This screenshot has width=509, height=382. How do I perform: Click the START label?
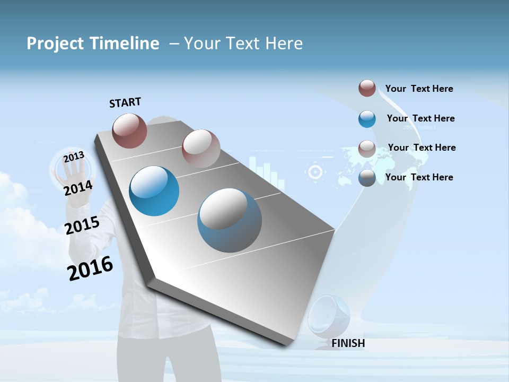(x=125, y=102)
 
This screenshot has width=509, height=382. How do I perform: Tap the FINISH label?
(x=348, y=343)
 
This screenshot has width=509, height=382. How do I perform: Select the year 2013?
(x=74, y=157)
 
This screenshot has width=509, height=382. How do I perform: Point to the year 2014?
(x=78, y=188)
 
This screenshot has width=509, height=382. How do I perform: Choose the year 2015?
(x=82, y=226)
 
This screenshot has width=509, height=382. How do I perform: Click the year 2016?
(x=90, y=268)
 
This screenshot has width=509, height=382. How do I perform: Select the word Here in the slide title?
(x=283, y=44)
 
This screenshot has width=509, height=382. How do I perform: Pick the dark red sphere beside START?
(x=129, y=131)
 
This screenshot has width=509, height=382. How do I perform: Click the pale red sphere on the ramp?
(x=201, y=149)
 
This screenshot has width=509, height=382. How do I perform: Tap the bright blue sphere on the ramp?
(x=154, y=191)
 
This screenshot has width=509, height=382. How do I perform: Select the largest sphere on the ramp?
(x=230, y=220)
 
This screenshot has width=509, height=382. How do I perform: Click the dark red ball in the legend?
(x=367, y=88)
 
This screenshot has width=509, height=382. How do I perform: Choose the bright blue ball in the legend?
(x=367, y=119)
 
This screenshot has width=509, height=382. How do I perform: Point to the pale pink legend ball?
(x=367, y=149)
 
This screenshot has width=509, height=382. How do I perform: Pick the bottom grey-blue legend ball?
(x=367, y=178)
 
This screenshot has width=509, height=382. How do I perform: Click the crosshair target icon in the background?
(x=315, y=172)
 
